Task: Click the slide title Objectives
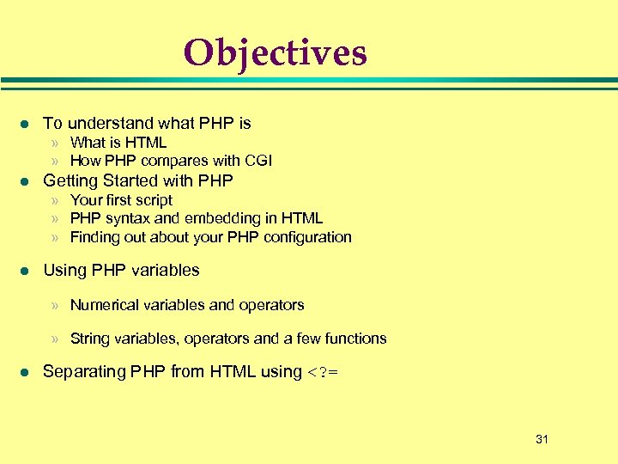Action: (275, 52)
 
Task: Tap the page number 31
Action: (542, 439)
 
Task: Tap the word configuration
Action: (306, 237)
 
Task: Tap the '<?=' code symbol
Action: (322, 372)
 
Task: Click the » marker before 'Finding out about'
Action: (55, 238)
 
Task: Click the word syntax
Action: (121, 218)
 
